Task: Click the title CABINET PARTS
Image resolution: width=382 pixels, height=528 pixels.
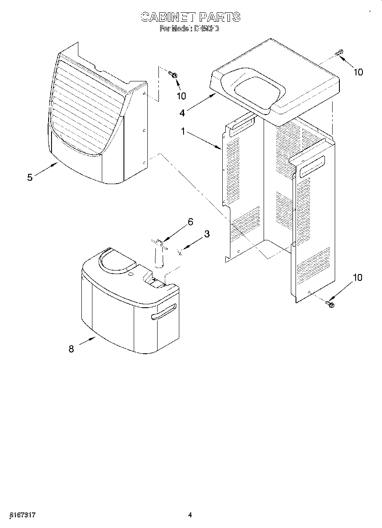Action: pos(190,17)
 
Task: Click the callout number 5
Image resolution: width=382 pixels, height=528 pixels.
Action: pos(30,177)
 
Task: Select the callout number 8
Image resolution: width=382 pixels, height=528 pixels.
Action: pos(71,349)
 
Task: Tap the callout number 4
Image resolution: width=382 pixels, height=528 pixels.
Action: pos(182,113)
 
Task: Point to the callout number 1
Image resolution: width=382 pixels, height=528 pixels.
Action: pos(183,132)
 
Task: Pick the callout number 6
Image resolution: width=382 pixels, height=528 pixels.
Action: pos(190,222)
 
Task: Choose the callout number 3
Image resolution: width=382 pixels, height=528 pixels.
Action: pos(207,234)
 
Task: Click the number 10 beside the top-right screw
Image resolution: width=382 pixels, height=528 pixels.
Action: pos(358,72)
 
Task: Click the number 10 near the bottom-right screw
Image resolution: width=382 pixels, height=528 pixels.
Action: pos(357,278)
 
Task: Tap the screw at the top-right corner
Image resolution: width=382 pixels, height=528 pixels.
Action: pos(339,54)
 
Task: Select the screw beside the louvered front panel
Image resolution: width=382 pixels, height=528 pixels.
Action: pos(174,75)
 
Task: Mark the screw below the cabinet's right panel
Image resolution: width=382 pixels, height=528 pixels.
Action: pos(330,304)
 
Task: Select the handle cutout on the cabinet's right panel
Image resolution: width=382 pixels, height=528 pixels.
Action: pos(312,166)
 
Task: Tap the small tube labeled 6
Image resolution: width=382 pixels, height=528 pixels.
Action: pos(160,256)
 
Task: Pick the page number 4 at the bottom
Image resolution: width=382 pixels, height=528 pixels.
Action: pos(190,515)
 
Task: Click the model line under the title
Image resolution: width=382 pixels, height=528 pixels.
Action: pos(190,29)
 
